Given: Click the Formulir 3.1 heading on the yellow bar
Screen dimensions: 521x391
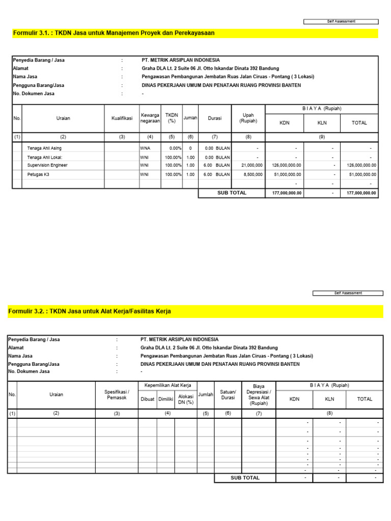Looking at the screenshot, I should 114,33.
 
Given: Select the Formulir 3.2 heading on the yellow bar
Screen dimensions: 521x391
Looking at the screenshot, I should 90,311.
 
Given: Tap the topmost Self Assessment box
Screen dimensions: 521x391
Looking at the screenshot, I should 341,21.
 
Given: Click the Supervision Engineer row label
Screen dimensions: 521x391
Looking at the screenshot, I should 47,165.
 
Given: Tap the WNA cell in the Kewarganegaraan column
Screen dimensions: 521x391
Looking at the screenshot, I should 145,148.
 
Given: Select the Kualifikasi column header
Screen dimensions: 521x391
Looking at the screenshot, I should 122,118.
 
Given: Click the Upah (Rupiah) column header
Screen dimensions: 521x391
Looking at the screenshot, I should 248,118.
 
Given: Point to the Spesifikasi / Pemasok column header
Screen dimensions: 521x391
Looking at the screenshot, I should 117,394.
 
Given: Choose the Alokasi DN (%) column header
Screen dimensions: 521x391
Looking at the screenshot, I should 186,399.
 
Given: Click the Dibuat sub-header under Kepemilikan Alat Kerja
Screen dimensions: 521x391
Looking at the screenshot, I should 147,399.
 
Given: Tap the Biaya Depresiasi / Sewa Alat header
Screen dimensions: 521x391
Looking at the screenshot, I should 259,394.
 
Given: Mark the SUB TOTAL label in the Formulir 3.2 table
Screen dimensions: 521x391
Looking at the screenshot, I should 245,478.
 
